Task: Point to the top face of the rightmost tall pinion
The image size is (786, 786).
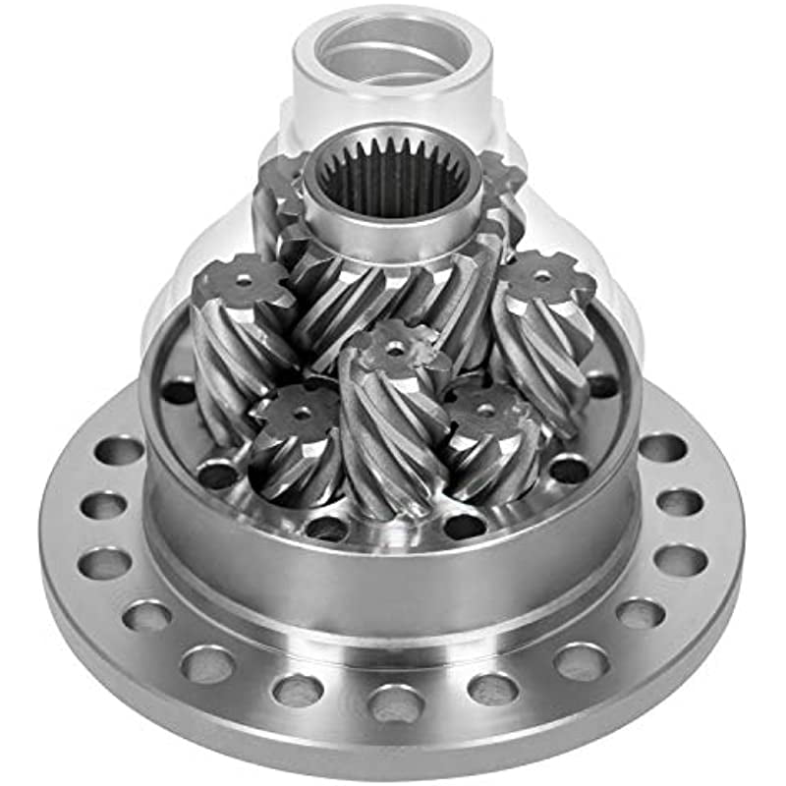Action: click(543, 278)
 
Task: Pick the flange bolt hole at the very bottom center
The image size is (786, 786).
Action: click(396, 703)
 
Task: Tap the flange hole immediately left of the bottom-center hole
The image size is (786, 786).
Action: click(298, 691)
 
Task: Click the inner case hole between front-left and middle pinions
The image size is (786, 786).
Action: click(326, 528)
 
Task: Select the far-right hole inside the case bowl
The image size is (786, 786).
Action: click(600, 385)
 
